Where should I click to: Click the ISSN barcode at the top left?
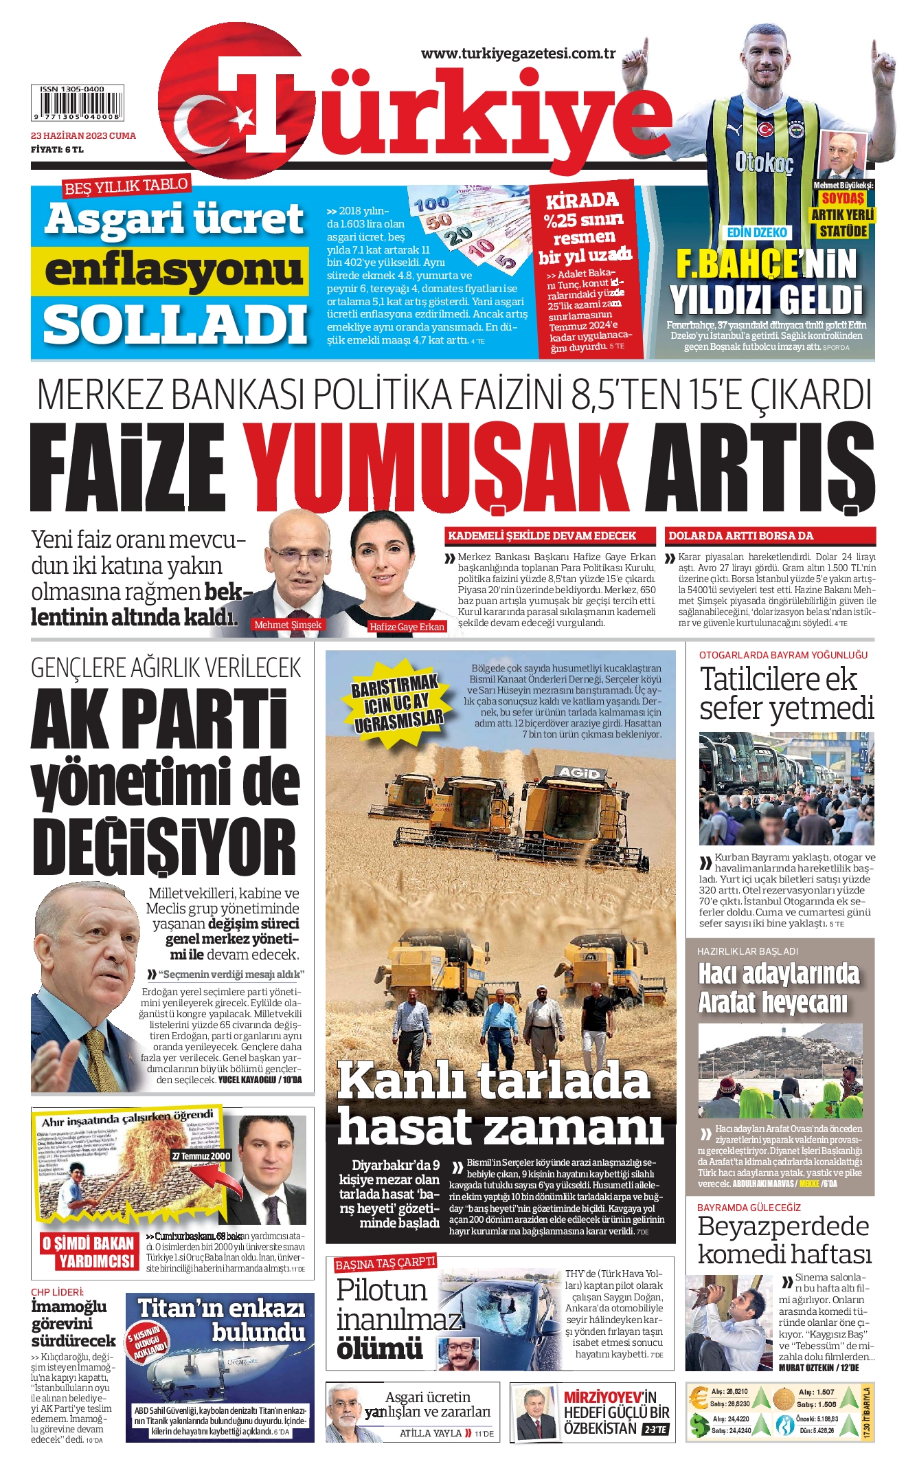[77, 102]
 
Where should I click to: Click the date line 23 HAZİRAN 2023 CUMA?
[83, 135]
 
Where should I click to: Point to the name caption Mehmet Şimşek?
[288, 625]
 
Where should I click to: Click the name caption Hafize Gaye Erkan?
[407, 627]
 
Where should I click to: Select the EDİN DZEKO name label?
[757, 232]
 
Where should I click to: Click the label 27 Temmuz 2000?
[201, 1156]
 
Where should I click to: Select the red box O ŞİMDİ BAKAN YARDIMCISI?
[88, 1252]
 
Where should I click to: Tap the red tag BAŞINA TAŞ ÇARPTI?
[385, 1263]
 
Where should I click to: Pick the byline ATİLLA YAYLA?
[431, 1433]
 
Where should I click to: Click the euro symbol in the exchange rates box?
[699, 1397]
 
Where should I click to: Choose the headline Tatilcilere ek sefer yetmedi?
[785, 693]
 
